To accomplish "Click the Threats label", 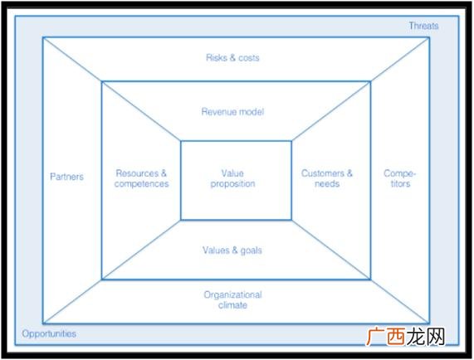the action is tap(423, 26).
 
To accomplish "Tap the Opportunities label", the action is tap(49, 333).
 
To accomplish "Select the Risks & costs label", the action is tap(232, 57).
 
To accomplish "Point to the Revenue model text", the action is tap(232, 111).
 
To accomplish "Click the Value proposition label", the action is tap(232, 178).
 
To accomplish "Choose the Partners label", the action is tap(66, 177).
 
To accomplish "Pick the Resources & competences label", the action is tap(141, 178).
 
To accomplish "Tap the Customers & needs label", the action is tap(327, 178).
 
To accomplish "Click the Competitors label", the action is tap(400, 178).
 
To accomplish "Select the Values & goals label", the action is tap(232, 251).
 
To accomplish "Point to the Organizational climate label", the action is tap(232, 299).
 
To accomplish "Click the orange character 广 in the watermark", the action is tap(376, 336).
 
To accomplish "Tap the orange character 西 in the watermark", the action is tap(396, 336).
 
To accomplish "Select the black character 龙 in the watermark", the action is tap(416, 336).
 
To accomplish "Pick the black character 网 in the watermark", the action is tap(435, 336).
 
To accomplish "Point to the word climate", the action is tap(232, 305).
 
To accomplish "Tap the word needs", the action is tap(327, 183).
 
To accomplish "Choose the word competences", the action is tap(141, 183).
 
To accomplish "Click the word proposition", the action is tap(232, 184).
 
